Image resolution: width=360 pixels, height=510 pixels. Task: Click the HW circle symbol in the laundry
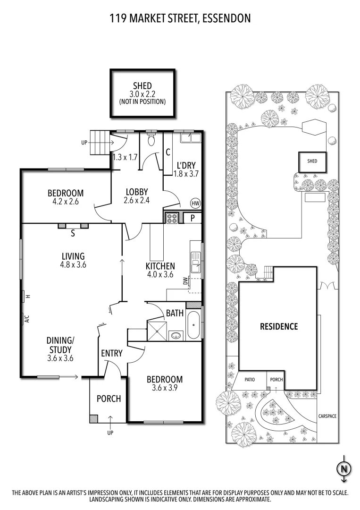[x=195, y=204]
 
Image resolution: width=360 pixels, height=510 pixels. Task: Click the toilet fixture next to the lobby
[x=151, y=140]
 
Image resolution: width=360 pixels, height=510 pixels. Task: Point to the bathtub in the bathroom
[x=193, y=326]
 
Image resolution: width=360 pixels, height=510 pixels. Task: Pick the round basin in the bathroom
[x=176, y=336]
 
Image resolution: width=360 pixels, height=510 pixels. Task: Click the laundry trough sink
[x=193, y=138]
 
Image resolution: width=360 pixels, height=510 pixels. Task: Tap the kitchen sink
[x=195, y=262]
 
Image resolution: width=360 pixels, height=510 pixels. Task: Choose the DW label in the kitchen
[x=186, y=281]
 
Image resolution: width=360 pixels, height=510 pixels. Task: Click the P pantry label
[x=193, y=218]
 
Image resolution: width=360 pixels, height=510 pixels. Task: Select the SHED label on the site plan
[x=312, y=161]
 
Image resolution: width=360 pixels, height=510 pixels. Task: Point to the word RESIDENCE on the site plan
[x=279, y=326]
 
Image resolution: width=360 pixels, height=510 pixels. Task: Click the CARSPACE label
[x=327, y=416]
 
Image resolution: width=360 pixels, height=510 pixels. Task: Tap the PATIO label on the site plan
[x=250, y=379]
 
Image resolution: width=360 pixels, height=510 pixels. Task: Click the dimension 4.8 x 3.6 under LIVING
[x=73, y=265]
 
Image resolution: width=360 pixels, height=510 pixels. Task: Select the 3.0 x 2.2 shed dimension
[x=142, y=94]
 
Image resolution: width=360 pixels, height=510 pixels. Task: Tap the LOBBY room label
[x=137, y=192]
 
